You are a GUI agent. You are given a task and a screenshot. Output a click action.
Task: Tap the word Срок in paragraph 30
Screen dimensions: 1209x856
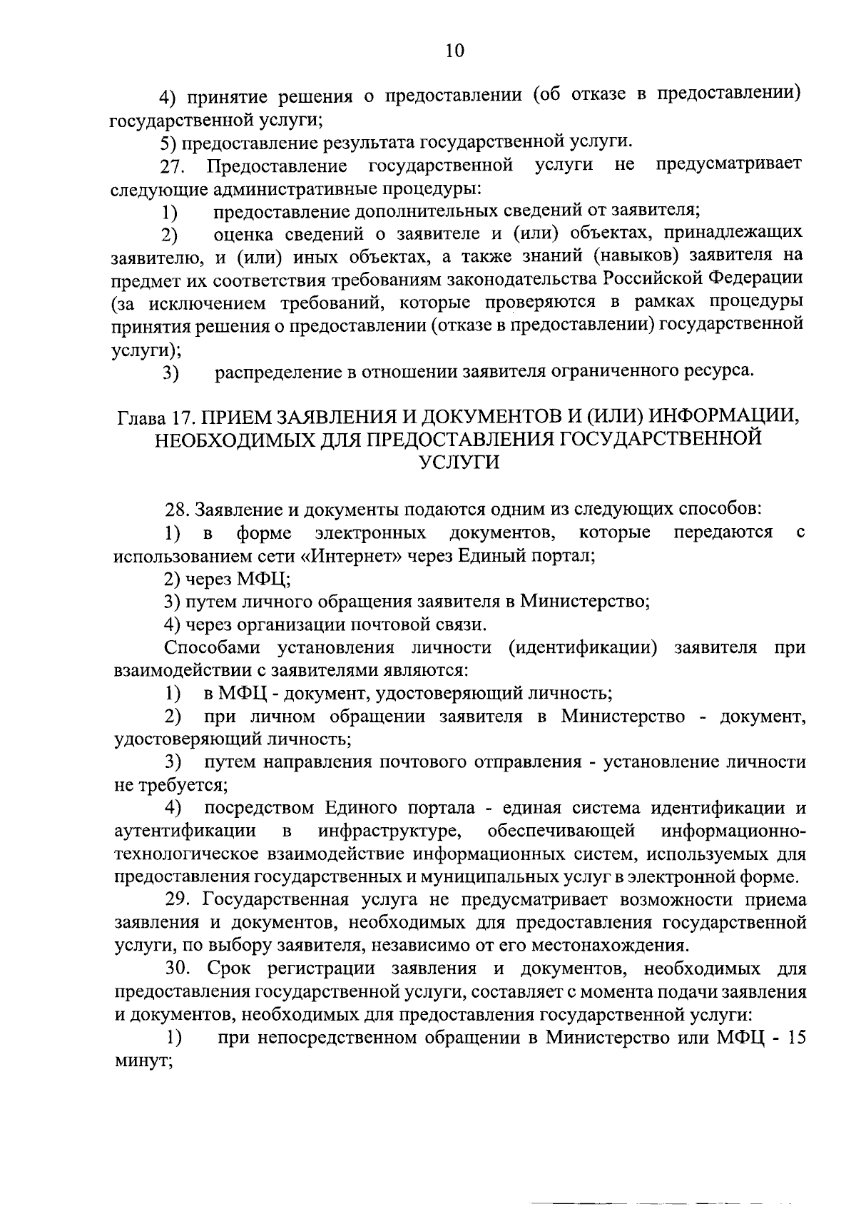tap(230, 969)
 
